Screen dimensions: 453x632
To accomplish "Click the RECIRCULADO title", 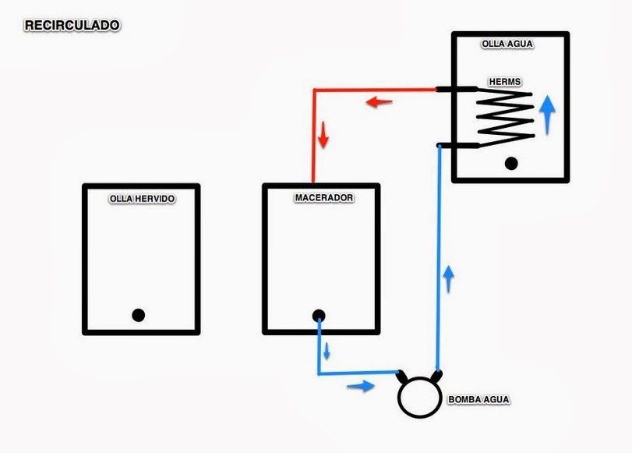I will point(72,26).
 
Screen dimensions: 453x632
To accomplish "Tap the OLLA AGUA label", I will point(507,44).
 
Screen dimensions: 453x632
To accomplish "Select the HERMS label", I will point(504,81).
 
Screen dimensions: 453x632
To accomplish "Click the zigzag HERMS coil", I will point(505,117).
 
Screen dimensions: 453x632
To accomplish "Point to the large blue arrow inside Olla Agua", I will point(548,114).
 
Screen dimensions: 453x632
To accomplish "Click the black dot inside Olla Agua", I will point(511,163).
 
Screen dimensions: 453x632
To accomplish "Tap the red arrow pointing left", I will point(379,101).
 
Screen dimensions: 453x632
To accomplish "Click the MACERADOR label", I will point(323,198).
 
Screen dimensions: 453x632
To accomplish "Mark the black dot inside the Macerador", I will point(319,316).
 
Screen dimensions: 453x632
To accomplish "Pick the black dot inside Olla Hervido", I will point(138,315).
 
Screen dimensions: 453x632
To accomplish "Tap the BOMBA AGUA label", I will point(478,401).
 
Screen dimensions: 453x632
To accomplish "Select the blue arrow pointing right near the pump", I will point(359,385).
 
